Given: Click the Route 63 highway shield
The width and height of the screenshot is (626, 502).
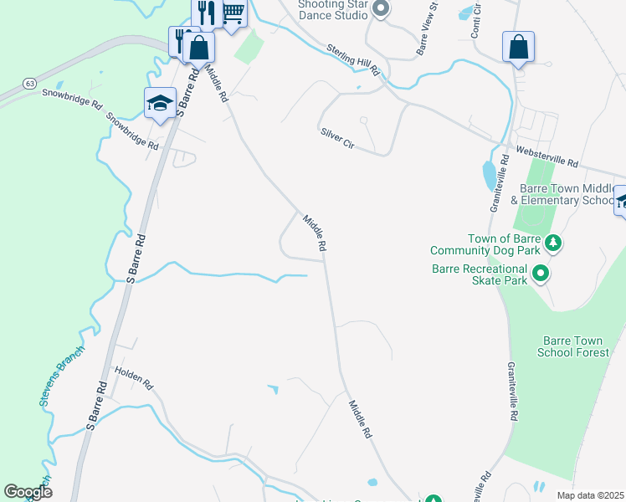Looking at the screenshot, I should (29, 84).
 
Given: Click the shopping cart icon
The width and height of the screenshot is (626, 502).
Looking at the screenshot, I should (233, 13).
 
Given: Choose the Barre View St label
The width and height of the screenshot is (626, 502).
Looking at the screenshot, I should (427, 30).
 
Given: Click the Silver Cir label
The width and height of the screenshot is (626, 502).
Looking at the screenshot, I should (337, 139).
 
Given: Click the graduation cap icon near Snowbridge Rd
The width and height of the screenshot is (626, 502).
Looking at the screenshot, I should (160, 103).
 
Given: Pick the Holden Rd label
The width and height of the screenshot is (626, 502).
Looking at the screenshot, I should (134, 378).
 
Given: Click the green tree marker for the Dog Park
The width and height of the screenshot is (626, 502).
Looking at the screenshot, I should (552, 243).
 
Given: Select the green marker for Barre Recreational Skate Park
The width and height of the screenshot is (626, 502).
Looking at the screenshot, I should (541, 273).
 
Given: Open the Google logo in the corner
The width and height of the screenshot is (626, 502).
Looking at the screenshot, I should (28, 492).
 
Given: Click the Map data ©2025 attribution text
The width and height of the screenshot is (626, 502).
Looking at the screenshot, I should (590, 495).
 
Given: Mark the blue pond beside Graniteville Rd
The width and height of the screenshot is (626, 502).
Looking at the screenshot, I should (489, 176).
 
